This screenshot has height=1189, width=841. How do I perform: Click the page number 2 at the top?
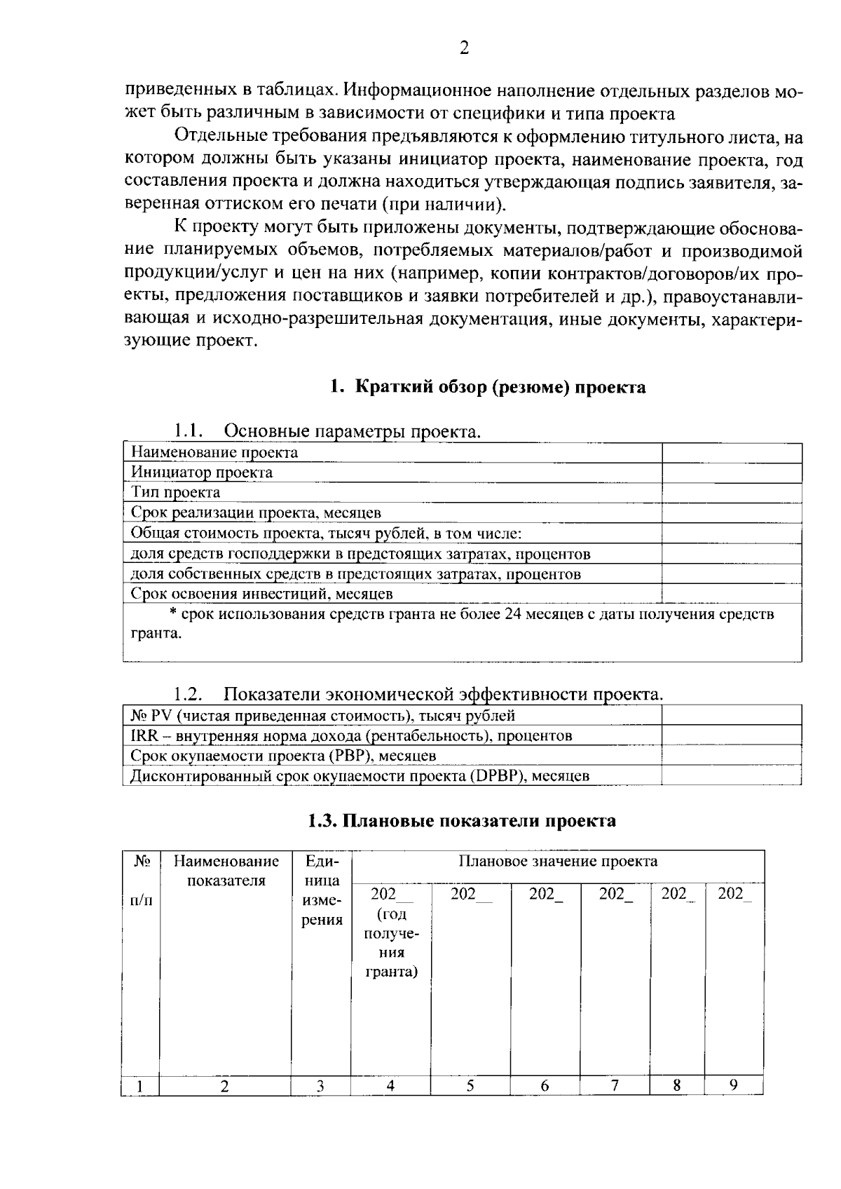pyautogui.click(x=463, y=48)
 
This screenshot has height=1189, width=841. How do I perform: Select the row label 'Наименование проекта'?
pyautogui.click(x=214, y=453)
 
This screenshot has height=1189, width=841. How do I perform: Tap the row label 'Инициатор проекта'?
pyautogui.click(x=202, y=473)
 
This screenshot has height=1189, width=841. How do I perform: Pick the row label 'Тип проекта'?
pyautogui.click(x=175, y=493)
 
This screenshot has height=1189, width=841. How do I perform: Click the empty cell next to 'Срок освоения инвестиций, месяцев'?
pyautogui.click(x=731, y=594)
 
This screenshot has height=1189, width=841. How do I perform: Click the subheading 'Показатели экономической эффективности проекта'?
pyautogui.click(x=442, y=695)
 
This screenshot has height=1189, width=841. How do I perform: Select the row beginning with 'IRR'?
pyautogui.click(x=351, y=736)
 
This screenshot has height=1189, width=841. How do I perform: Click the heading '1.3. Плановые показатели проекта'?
pyautogui.click(x=463, y=820)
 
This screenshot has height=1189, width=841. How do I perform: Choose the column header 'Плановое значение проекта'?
pyautogui.click(x=558, y=861)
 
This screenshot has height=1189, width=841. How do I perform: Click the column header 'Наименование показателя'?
pyautogui.click(x=226, y=870)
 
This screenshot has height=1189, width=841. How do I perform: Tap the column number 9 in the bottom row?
pyautogui.click(x=733, y=1085)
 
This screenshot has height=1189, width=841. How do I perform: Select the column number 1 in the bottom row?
pyautogui.click(x=140, y=1087)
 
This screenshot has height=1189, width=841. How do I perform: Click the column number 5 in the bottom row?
pyautogui.click(x=470, y=1086)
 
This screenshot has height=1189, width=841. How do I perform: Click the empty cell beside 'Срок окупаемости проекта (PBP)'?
pyautogui.click(x=731, y=756)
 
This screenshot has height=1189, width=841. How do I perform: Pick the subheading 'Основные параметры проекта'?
pyautogui.click(x=352, y=431)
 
